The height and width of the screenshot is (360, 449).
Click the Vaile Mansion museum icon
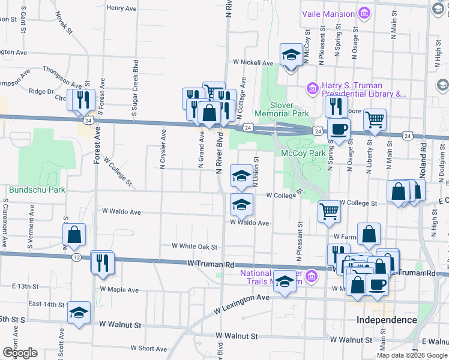pyautogui.click(x=364, y=12)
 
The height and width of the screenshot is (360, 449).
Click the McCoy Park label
pyautogui.click(x=303, y=153)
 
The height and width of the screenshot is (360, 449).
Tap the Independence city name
pyautogui.click(x=387, y=319)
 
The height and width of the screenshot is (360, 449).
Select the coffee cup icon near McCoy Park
pyautogui.click(x=339, y=129)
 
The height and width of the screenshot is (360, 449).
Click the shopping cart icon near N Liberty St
pyautogui.click(x=375, y=119)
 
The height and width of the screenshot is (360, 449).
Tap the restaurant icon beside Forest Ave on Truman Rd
pyautogui.click(x=102, y=262)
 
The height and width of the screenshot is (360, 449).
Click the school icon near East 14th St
pyautogui.click(x=79, y=313)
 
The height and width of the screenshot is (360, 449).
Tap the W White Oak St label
pyautogui.click(x=194, y=246)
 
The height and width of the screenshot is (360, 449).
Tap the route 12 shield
pyautogui.click(x=76, y=257)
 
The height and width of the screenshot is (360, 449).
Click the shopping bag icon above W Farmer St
pyautogui.click(x=369, y=234)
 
